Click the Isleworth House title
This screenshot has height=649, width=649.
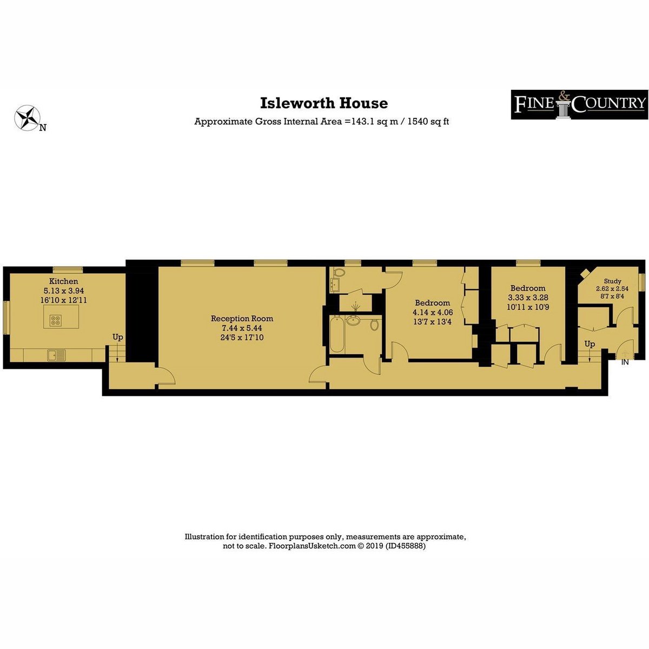pyautogui.click(x=323, y=103)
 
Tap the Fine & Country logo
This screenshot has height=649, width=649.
pyautogui.click(x=579, y=104)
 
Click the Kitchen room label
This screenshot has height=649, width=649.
pyautogui.click(x=64, y=281)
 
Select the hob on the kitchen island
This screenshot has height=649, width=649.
pyautogui.click(x=56, y=320)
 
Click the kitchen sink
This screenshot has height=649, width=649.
pyautogui.click(x=57, y=355)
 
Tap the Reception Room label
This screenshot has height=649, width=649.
pyautogui.click(x=242, y=318)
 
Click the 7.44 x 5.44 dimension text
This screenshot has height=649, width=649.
pyautogui.click(x=242, y=328)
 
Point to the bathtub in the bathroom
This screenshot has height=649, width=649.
pyautogui.click(x=337, y=334)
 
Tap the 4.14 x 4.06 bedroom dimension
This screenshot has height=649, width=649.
pyautogui.click(x=433, y=312)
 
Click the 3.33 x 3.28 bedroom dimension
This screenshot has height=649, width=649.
pyautogui.click(x=528, y=297)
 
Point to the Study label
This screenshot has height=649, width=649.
pyautogui.click(x=612, y=281)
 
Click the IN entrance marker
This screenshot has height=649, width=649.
pyautogui.click(x=625, y=362)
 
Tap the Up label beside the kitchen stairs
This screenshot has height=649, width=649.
pyautogui.click(x=117, y=337)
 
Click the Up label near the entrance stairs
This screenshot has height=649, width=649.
pyautogui.click(x=590, y=344)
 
